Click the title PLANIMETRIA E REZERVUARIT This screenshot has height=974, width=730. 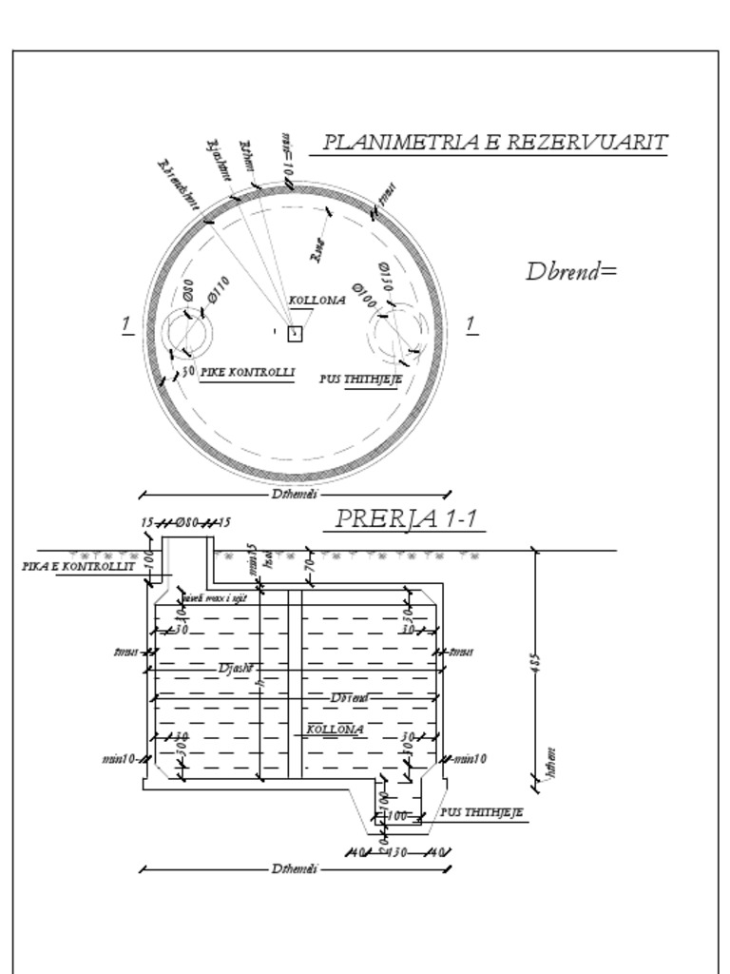(x=494, y=143)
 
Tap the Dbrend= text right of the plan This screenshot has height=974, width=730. (x=571, y=271)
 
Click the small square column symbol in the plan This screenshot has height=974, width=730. (x=295, y=334)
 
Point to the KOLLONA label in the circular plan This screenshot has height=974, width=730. (x=317, y=301)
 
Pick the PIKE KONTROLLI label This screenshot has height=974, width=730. (x=247, y=372)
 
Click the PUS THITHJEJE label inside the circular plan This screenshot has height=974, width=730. (x=360, y=379)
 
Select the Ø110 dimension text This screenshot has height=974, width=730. (x=218, y=288)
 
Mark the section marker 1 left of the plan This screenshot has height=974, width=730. (x=125, y=325)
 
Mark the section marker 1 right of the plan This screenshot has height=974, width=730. (x=471, y=325)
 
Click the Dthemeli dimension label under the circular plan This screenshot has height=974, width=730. (x=295, y=494)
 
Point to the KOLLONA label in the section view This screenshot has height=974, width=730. (x=335, y=730)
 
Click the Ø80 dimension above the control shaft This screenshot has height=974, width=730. (x=186, y=523)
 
